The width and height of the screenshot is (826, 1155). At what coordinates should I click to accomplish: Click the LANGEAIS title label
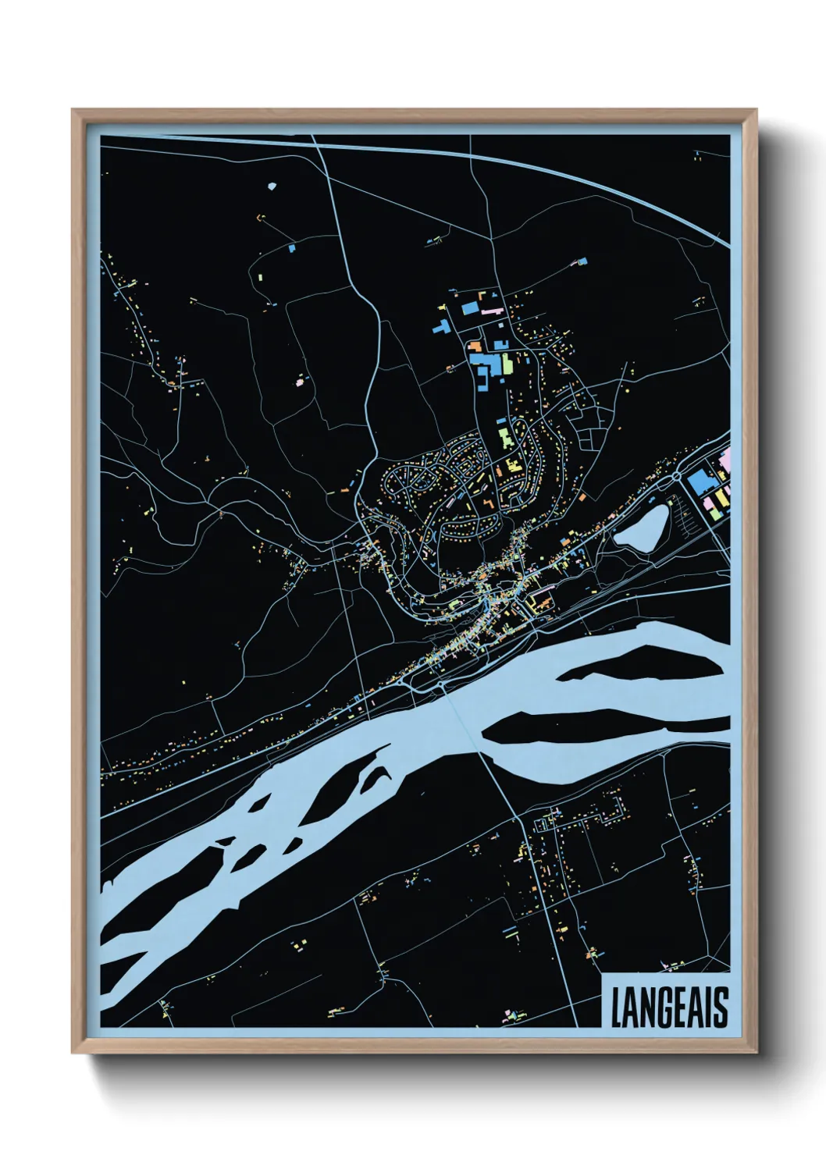point(668,1007)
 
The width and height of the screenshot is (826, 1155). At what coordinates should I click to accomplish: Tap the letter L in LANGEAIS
point(616,1008)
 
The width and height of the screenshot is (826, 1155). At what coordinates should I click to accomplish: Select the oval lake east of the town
point(642,528)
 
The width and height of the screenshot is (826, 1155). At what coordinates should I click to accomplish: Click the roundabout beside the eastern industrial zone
point(676,475)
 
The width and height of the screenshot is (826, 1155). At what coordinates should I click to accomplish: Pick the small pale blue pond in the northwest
point(272,187)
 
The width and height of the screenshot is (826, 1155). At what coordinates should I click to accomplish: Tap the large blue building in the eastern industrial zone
point(699,484)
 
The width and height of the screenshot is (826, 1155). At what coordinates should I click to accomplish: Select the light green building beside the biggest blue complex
point(507,364)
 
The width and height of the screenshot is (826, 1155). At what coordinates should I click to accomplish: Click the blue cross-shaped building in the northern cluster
point(441,327)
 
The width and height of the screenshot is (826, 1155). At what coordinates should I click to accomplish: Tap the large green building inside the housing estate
point(504,434)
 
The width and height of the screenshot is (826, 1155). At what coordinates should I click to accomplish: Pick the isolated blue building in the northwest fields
point(292,248)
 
